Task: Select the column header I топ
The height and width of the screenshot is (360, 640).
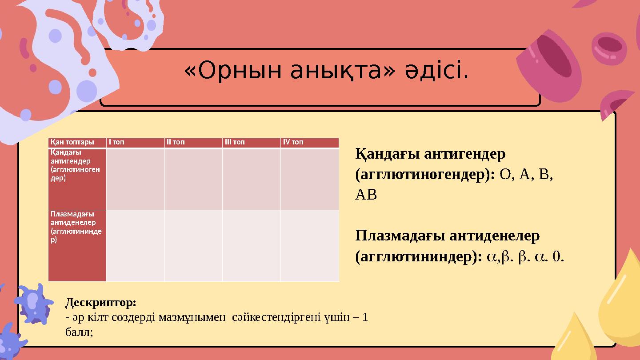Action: click(116, 142)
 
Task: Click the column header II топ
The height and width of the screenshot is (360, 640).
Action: click(176, 142)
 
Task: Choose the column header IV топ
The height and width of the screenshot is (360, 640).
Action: click(293, 142)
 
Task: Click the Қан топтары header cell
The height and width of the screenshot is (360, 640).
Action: click(72, 142)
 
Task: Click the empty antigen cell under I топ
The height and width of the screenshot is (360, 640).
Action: click(135, 179)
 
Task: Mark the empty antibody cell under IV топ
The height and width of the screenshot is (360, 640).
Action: click(309, 245)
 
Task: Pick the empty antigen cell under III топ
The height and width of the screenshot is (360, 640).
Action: click(251, 179)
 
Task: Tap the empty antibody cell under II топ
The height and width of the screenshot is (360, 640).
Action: click(193, 245)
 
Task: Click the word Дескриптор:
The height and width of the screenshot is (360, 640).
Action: click(101, 303)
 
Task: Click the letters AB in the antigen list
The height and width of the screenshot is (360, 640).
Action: click(366, 195)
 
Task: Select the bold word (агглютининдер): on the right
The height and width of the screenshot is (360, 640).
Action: click(419, 256)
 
